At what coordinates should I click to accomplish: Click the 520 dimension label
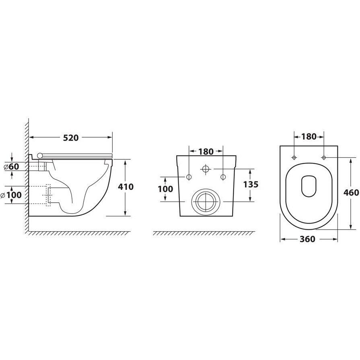click(71, 138)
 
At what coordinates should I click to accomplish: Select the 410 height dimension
click(125, 187)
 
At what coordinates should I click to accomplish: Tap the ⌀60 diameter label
click(12, 167)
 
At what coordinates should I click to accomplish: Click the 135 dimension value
click(251, 184)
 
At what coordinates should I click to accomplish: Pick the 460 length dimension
click(351, 193)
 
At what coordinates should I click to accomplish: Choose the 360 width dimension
click(308, 239)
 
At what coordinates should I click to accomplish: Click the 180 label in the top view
click(309, 137)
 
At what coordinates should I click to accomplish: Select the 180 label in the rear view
click(206, 152)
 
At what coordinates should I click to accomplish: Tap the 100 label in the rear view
click(165, 189)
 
